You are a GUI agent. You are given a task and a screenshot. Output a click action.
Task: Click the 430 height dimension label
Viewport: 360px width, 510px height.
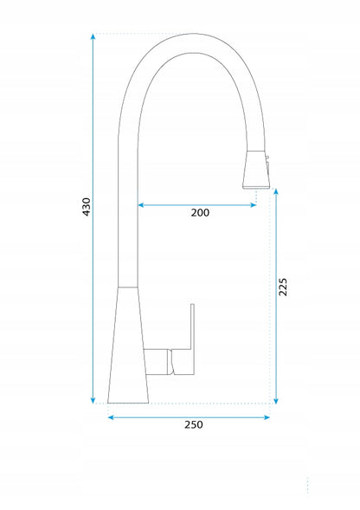coord(87,207)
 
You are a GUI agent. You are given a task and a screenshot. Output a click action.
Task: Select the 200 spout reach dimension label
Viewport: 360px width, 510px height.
coord(200,213)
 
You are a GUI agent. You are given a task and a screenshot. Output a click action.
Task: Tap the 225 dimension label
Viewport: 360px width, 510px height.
coord(283,287)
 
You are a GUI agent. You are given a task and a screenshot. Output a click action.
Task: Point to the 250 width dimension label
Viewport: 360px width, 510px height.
coord(194,424)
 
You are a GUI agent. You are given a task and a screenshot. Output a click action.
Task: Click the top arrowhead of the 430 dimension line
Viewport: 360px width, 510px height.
coord(93,36)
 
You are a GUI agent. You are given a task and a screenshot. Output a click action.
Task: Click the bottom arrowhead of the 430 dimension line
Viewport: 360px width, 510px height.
coord(93,401)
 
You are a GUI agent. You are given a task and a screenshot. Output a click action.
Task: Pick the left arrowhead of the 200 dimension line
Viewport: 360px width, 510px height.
coord(141,205)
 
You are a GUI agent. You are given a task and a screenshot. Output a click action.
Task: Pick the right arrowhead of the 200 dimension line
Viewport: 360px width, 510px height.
coord(254,205)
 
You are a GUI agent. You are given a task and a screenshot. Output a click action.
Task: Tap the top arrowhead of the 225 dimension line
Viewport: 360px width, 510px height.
coord(276,191)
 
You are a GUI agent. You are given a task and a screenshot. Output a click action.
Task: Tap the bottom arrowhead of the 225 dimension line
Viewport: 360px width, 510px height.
coord(276,401)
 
